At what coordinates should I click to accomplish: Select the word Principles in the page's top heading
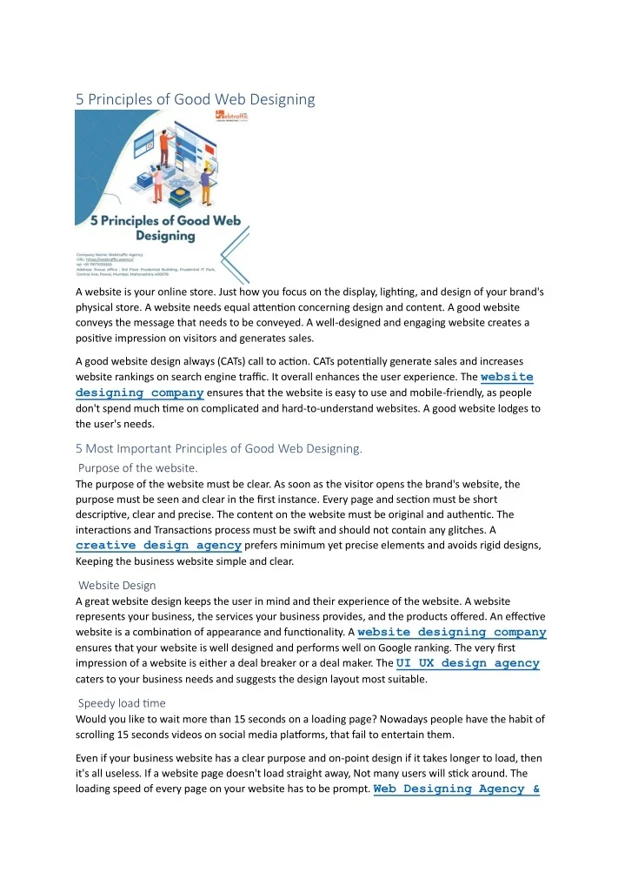point(129,99)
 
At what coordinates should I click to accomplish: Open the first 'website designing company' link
point(304,385)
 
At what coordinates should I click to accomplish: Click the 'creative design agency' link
point(158,545)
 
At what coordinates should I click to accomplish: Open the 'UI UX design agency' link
point(468,663)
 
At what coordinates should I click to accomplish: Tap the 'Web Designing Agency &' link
point(456,789)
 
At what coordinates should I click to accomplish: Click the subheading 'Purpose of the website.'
point(138,468)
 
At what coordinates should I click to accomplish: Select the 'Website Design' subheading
point(117,586)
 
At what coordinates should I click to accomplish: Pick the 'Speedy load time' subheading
point(122,703)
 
